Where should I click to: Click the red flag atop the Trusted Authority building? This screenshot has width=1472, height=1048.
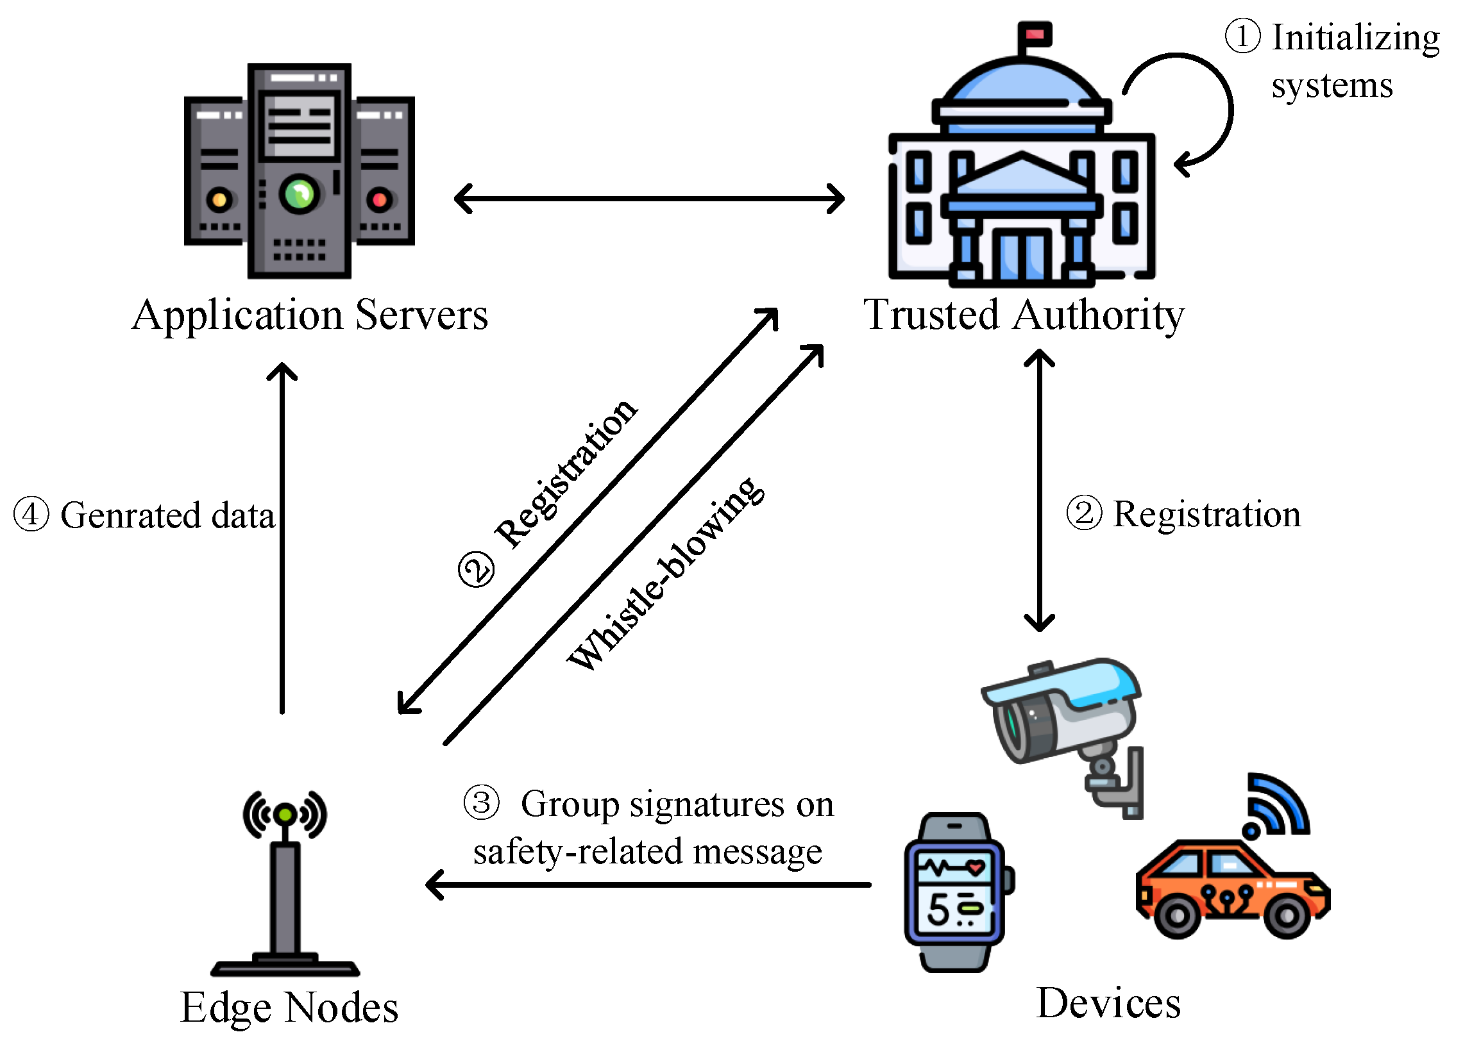click(x=1035, y=34)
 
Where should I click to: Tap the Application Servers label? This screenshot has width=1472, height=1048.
click(x=310, y=315)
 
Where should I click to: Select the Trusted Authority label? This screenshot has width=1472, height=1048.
click(x=1024, y=315)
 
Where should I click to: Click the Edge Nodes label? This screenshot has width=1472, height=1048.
click(x=289, y=1008)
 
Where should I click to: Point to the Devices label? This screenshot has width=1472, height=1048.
click(x=1108, y=1004)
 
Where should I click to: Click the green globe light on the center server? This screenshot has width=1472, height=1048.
click(x=299, y=193)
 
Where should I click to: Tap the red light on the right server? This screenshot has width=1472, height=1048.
click(x=380, y=200)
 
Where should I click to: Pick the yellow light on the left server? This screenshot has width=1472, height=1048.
click(x=219, y=200)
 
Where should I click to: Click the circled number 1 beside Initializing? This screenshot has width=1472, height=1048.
click(x=1242, y=36)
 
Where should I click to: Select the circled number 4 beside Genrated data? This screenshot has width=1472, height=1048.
click(x=31, y=515)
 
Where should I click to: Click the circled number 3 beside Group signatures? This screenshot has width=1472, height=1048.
click(x=482, y=804)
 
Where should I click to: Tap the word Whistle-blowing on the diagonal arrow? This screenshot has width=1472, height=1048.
click(x=665, y=574)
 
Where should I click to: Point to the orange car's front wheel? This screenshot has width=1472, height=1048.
click(x=1287, y=915)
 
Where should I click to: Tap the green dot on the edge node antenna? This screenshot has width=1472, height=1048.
click(x=285, y=815)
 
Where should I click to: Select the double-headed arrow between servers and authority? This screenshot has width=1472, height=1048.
click(x=649, y=199)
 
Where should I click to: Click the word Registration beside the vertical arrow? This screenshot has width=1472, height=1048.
click(x=1206, y=515)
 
